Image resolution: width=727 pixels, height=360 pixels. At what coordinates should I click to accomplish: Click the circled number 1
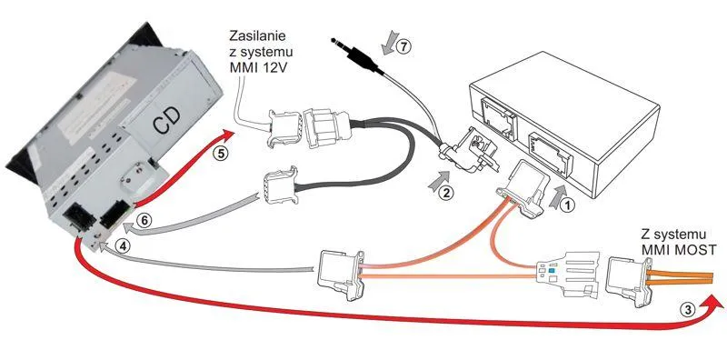point(568,205)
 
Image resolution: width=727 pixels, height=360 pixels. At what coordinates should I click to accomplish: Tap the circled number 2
point(446,192)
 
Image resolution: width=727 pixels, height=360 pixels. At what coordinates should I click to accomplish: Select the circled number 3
point(690,310)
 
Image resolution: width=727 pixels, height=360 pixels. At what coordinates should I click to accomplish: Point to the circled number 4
point(123,246)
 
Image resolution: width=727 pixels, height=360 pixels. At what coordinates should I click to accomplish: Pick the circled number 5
point(222,155)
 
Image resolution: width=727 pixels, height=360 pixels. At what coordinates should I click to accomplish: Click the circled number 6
point(144,221)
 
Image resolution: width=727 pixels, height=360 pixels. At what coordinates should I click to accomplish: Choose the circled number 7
point(403,46)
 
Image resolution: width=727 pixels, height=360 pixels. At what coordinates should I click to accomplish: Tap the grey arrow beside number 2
point(440,181)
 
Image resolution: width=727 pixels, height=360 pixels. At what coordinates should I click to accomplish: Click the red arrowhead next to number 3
point(712,305)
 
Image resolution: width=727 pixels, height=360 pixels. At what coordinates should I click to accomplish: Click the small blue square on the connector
point(551,270)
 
